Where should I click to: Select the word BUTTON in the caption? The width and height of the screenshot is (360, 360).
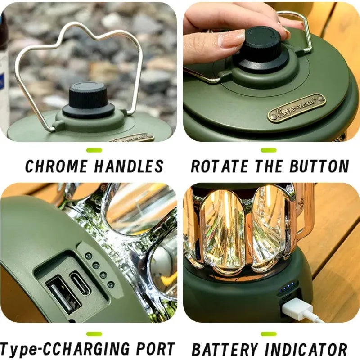[x=319, y=166]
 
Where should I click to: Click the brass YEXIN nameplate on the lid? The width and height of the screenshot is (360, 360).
[x=296, y=108]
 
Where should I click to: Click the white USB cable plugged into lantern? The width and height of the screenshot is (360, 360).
[x=302, y=310]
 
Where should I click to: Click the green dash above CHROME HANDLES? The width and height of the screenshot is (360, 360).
[x=94, y=150]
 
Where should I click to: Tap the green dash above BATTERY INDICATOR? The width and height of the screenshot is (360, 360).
[x=269, y=334]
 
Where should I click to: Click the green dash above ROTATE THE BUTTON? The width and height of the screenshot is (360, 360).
[x=269, y=150]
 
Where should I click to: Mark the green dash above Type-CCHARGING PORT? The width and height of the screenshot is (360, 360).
[x=94, y=334]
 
